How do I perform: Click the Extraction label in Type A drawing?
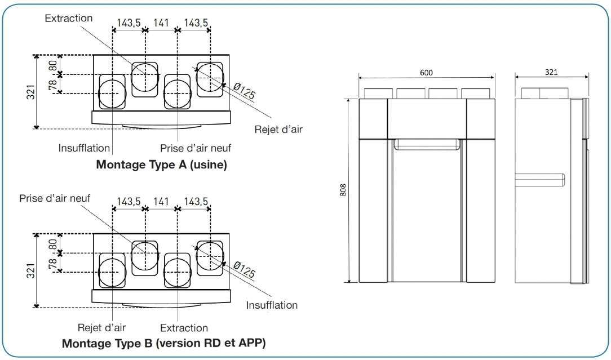(69, 19)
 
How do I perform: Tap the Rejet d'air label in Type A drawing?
(278, 129)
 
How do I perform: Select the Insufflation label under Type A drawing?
(84, 148)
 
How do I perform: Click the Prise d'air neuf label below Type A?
(196, 148)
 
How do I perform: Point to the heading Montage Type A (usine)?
(161, 165)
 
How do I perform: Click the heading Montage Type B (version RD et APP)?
(163, 343)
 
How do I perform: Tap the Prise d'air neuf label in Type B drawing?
(55, 198)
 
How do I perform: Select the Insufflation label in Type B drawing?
(272, 305)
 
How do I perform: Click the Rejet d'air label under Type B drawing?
(101, 328)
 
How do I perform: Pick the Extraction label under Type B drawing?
(184, 328)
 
